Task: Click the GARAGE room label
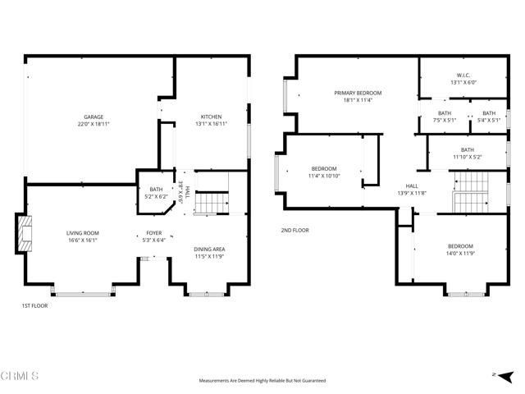(x=94, y=117)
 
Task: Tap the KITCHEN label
(x=211, y=117)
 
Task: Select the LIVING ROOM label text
(x=82, y=233)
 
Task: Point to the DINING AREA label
(x=209, y=249)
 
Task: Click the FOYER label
(x=154, y=233)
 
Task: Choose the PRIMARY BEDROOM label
(x=358, y=93)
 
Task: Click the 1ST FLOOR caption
(x=34, y=305)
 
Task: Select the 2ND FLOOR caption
(x=295, y=231)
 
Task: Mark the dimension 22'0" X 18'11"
(x=94, y=124)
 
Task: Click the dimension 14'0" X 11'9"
(x=460, y=254)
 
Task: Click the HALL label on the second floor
(x=412, y=186)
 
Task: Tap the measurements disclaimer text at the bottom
(x=262, y=381)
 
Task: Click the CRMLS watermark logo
(x=20, y=377)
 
